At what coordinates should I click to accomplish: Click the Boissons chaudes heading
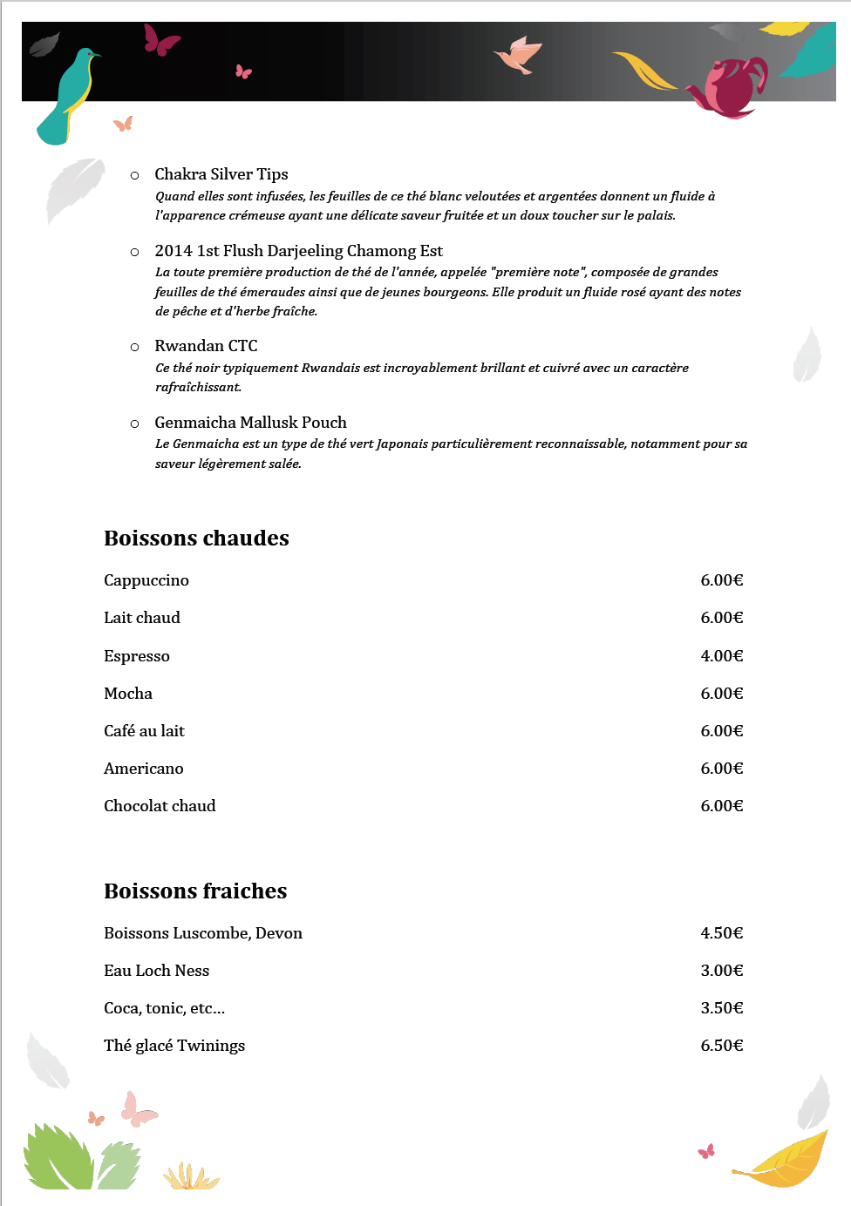[x=196, y=539]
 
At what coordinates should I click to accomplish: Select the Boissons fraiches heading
[x=195, y=891]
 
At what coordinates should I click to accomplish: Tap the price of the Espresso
[x=721, y=656]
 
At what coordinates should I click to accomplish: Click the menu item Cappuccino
[x=146, y=580]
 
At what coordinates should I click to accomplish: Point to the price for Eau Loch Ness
[x=721, y=971]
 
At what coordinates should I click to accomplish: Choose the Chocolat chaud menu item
[x=160, y=806]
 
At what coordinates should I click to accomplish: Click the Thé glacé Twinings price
[x=721, y=1046]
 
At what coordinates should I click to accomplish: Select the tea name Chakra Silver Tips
[x=221, y=174]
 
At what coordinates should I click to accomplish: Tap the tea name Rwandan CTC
[x=206, y=346]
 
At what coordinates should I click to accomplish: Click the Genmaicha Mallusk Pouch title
[x=250, y=423]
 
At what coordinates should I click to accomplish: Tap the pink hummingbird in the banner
[x=520, y=55]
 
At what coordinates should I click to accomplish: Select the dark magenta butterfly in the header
[x=161, y=40]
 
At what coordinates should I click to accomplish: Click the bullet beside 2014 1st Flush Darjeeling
[x=134, y=252]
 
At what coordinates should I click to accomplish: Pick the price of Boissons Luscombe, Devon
[x=721, y=933]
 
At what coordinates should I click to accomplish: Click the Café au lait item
[x=144, y=731]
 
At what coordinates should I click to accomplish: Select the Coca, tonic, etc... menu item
[x=164, y=1008]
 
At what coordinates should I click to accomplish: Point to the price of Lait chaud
[x=721, y=618]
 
